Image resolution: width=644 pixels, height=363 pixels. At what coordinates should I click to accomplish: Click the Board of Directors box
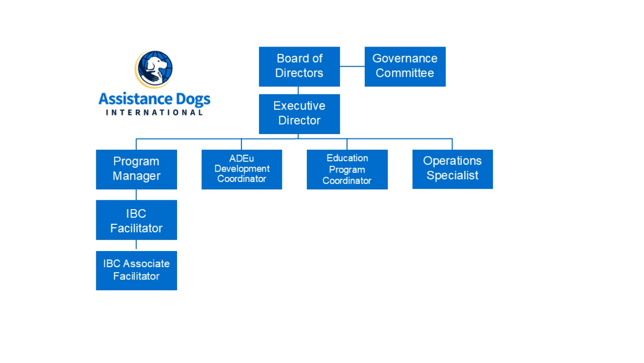click(x=299, y=66)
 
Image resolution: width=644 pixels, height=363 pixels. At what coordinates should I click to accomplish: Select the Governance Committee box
click(x=405, y=66)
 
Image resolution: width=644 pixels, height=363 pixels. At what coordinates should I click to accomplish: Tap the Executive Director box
click(x=299, y=114)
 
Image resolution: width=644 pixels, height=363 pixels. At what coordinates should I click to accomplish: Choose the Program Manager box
click(x=136, y=169)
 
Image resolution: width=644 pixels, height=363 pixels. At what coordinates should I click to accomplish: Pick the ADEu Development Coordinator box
click(x=241, y=169)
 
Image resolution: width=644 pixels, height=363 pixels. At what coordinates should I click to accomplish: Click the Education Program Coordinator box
click(x=347, y=169)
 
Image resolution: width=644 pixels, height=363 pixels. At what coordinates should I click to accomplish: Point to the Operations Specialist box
click(x=452, y=169)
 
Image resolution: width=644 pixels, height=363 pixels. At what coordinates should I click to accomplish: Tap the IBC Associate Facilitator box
click(x=136, y=270)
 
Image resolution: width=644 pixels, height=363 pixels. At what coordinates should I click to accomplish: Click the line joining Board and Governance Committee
click(x=352, y=66)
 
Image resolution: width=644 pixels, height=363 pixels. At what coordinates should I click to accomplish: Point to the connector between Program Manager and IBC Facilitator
click(x=136, y=194)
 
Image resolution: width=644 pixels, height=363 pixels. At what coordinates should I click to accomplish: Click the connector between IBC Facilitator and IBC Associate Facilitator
click(x=136, y=245)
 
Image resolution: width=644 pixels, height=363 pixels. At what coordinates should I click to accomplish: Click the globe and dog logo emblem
click(x=155, y=69)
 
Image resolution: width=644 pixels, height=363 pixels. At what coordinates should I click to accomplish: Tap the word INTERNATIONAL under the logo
click(x=154, y=112)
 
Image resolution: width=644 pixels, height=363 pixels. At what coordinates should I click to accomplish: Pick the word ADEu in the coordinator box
click(x=241, y=158)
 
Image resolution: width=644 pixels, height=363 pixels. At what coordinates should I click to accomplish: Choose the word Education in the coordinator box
click(x=347, y=158)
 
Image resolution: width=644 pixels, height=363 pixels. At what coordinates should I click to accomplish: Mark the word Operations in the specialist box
click(x=452, y=161)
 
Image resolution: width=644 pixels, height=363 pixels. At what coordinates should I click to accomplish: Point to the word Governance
click(x=405, y=59)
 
